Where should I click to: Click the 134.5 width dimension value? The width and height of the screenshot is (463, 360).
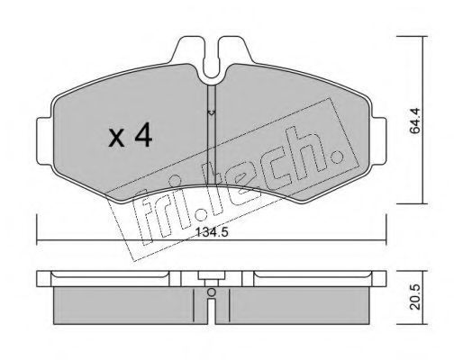click(212, 232)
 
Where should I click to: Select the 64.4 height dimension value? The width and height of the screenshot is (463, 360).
click(416, 121)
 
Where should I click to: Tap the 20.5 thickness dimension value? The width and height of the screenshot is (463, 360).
click(416, 297)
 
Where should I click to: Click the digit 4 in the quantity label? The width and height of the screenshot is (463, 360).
click(143, 136)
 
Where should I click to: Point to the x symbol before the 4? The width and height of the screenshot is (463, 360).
click(116, 138)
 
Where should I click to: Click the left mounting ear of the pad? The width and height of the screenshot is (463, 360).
click(44, 141)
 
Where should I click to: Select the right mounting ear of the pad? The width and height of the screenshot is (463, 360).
click(379, 141)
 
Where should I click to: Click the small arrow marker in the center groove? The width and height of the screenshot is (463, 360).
click(212, 112)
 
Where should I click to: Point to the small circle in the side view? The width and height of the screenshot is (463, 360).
click(212, 292)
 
